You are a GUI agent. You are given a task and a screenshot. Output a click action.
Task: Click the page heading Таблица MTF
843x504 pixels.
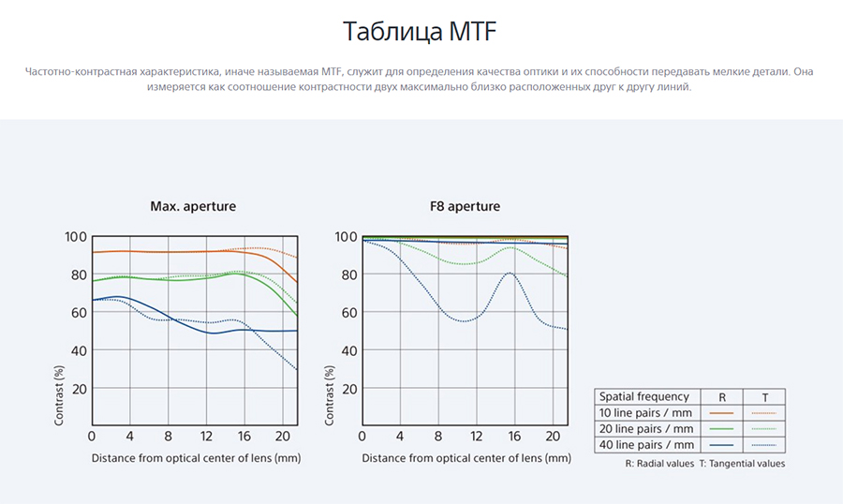420,31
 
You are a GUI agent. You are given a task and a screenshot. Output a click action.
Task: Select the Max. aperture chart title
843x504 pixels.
193,206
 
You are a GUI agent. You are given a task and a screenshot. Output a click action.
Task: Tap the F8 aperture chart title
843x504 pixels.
465,206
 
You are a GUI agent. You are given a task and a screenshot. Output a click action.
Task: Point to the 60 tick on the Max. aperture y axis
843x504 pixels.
79,313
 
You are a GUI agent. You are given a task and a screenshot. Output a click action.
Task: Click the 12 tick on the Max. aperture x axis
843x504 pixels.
206,437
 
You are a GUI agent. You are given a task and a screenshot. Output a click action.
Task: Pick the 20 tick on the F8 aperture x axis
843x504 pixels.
553,437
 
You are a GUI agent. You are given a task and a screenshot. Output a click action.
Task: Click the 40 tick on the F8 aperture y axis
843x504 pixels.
349,350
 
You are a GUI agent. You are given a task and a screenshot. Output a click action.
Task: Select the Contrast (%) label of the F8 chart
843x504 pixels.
330,395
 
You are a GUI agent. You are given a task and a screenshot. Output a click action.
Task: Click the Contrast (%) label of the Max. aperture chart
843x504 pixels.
59,395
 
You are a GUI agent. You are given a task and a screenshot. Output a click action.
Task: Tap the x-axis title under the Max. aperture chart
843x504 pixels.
197,458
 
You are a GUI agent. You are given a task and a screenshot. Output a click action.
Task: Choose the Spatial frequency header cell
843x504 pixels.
644,396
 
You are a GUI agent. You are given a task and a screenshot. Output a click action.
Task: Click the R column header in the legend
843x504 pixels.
722,397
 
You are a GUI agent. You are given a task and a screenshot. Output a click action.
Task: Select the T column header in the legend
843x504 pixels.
764,397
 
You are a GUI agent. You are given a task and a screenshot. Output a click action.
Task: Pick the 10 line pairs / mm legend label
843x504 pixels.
645,413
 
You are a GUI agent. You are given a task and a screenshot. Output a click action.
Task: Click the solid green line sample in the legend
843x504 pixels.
721,429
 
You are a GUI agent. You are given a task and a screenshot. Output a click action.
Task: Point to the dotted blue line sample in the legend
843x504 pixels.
764,445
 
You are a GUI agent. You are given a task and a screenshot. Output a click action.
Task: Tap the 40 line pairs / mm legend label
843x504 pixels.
645,445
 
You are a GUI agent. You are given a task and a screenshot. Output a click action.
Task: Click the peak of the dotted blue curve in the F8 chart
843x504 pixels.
510,273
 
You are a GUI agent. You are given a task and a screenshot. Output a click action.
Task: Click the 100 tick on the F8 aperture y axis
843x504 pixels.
346,237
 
